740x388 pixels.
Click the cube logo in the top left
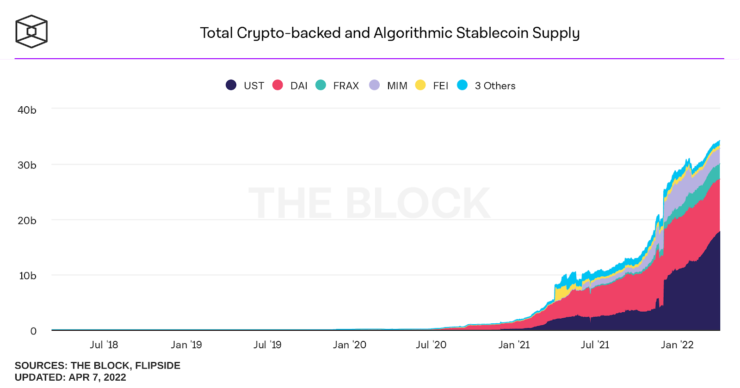point(31,31)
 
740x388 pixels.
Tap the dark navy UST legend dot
point(231,85)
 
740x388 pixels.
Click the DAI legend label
point(299,86)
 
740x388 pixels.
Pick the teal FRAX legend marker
point(321,85)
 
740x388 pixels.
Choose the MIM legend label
point(397,86)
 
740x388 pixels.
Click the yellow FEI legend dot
point(420,85)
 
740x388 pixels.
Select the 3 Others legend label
point(495,86)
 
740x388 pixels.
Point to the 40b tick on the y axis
point(27,110)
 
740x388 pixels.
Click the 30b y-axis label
point(27,165)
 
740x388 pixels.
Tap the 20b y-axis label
point(27,221)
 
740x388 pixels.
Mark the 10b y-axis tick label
point(27,276)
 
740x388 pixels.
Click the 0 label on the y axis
point(33,331)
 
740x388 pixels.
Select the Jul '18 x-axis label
point(104,345)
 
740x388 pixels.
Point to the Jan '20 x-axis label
point(350,345)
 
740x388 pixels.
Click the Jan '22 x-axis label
point(677,345)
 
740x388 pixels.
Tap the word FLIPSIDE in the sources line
point(158,365)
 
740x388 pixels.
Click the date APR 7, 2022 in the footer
point(97,377)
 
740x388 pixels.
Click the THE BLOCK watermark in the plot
point(369,203)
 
